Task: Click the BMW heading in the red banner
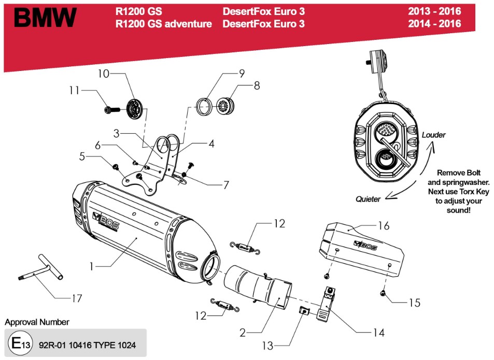45,18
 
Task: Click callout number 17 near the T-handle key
77,298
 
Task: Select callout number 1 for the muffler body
91,267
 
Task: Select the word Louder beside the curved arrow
433,135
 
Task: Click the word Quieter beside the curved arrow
369,199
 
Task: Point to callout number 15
414,303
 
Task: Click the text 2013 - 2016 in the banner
434,11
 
